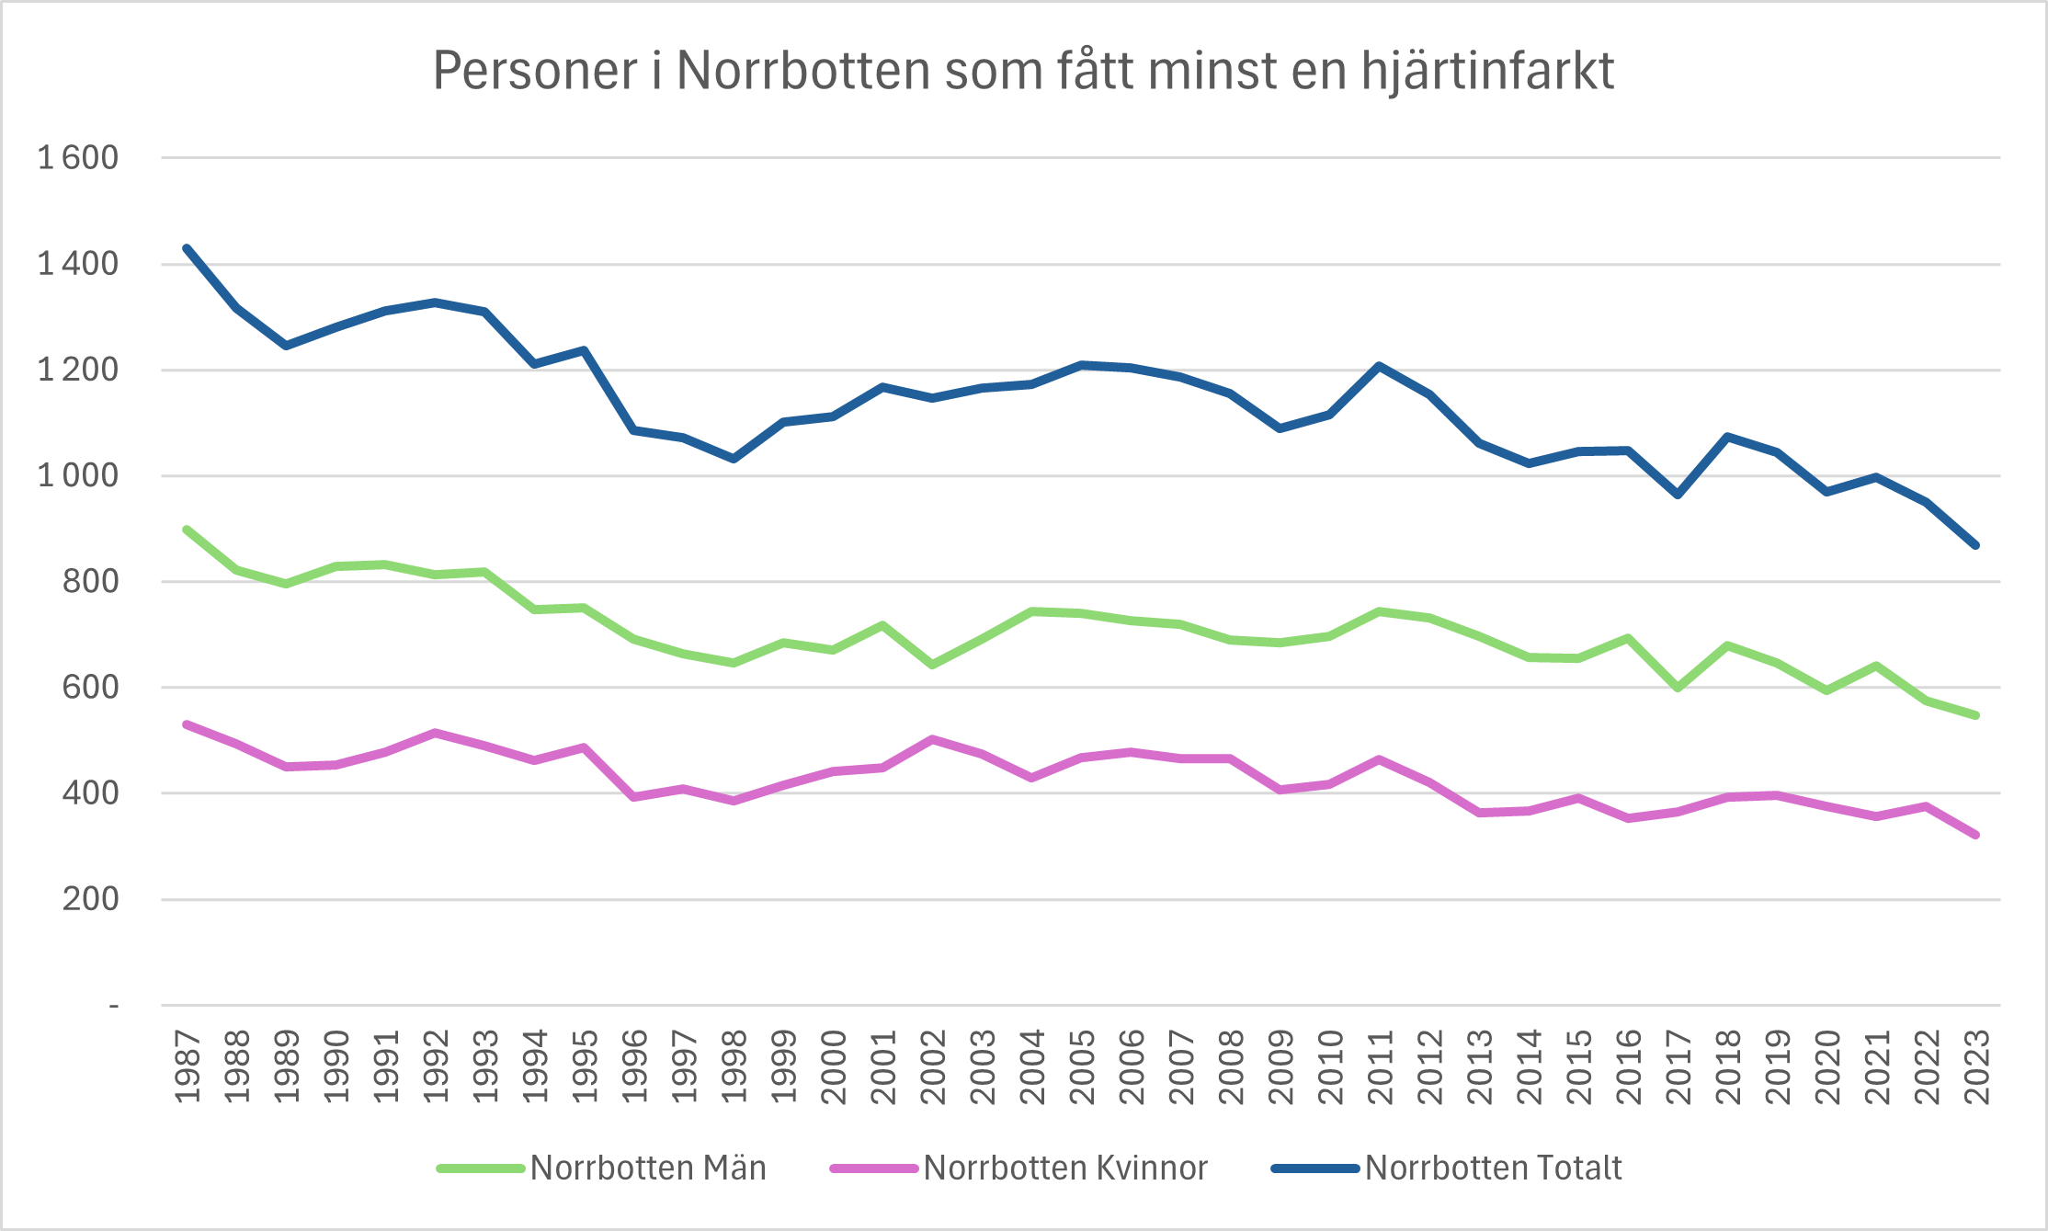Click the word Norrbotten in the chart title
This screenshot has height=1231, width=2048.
803,71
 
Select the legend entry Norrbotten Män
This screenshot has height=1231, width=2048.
647,1168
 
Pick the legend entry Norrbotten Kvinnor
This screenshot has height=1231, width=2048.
1064,1168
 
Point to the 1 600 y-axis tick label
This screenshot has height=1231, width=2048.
78,158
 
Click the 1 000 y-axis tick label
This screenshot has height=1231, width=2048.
78,475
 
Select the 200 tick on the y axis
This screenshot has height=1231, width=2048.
90,899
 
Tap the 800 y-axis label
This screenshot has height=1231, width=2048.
90,581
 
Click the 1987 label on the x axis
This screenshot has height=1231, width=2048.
188,1066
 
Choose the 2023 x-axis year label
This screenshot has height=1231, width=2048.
1976,1066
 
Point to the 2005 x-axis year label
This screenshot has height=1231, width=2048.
1082,1066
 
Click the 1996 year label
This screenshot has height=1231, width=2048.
634,1066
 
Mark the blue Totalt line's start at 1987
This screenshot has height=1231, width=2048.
188,248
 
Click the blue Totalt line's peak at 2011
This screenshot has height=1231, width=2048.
1380,366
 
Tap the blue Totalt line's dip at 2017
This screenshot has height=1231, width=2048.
1678,495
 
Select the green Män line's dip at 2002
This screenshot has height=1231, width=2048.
932,664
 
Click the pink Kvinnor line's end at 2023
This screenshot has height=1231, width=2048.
1975,835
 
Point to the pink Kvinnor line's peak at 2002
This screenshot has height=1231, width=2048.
932,739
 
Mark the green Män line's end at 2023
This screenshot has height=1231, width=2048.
1975,715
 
